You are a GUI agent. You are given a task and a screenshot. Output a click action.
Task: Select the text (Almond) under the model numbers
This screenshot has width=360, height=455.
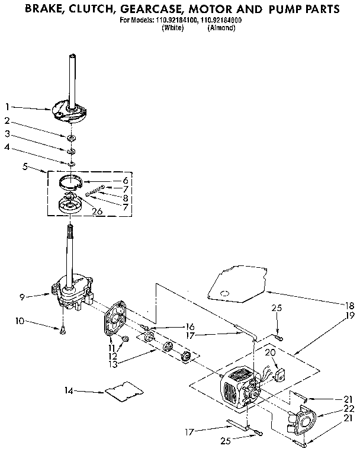click(x=221, y=27)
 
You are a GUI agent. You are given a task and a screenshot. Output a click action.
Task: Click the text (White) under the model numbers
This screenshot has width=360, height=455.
click(x=172, y=27)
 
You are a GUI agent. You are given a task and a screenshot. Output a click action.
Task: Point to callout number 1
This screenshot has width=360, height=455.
click(x=8, y=107)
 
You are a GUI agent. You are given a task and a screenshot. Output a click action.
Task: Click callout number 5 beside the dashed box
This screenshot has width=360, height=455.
click(x=24, y=167)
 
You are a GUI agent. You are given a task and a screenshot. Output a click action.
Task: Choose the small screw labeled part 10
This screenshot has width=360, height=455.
click(x=63, y=332)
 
